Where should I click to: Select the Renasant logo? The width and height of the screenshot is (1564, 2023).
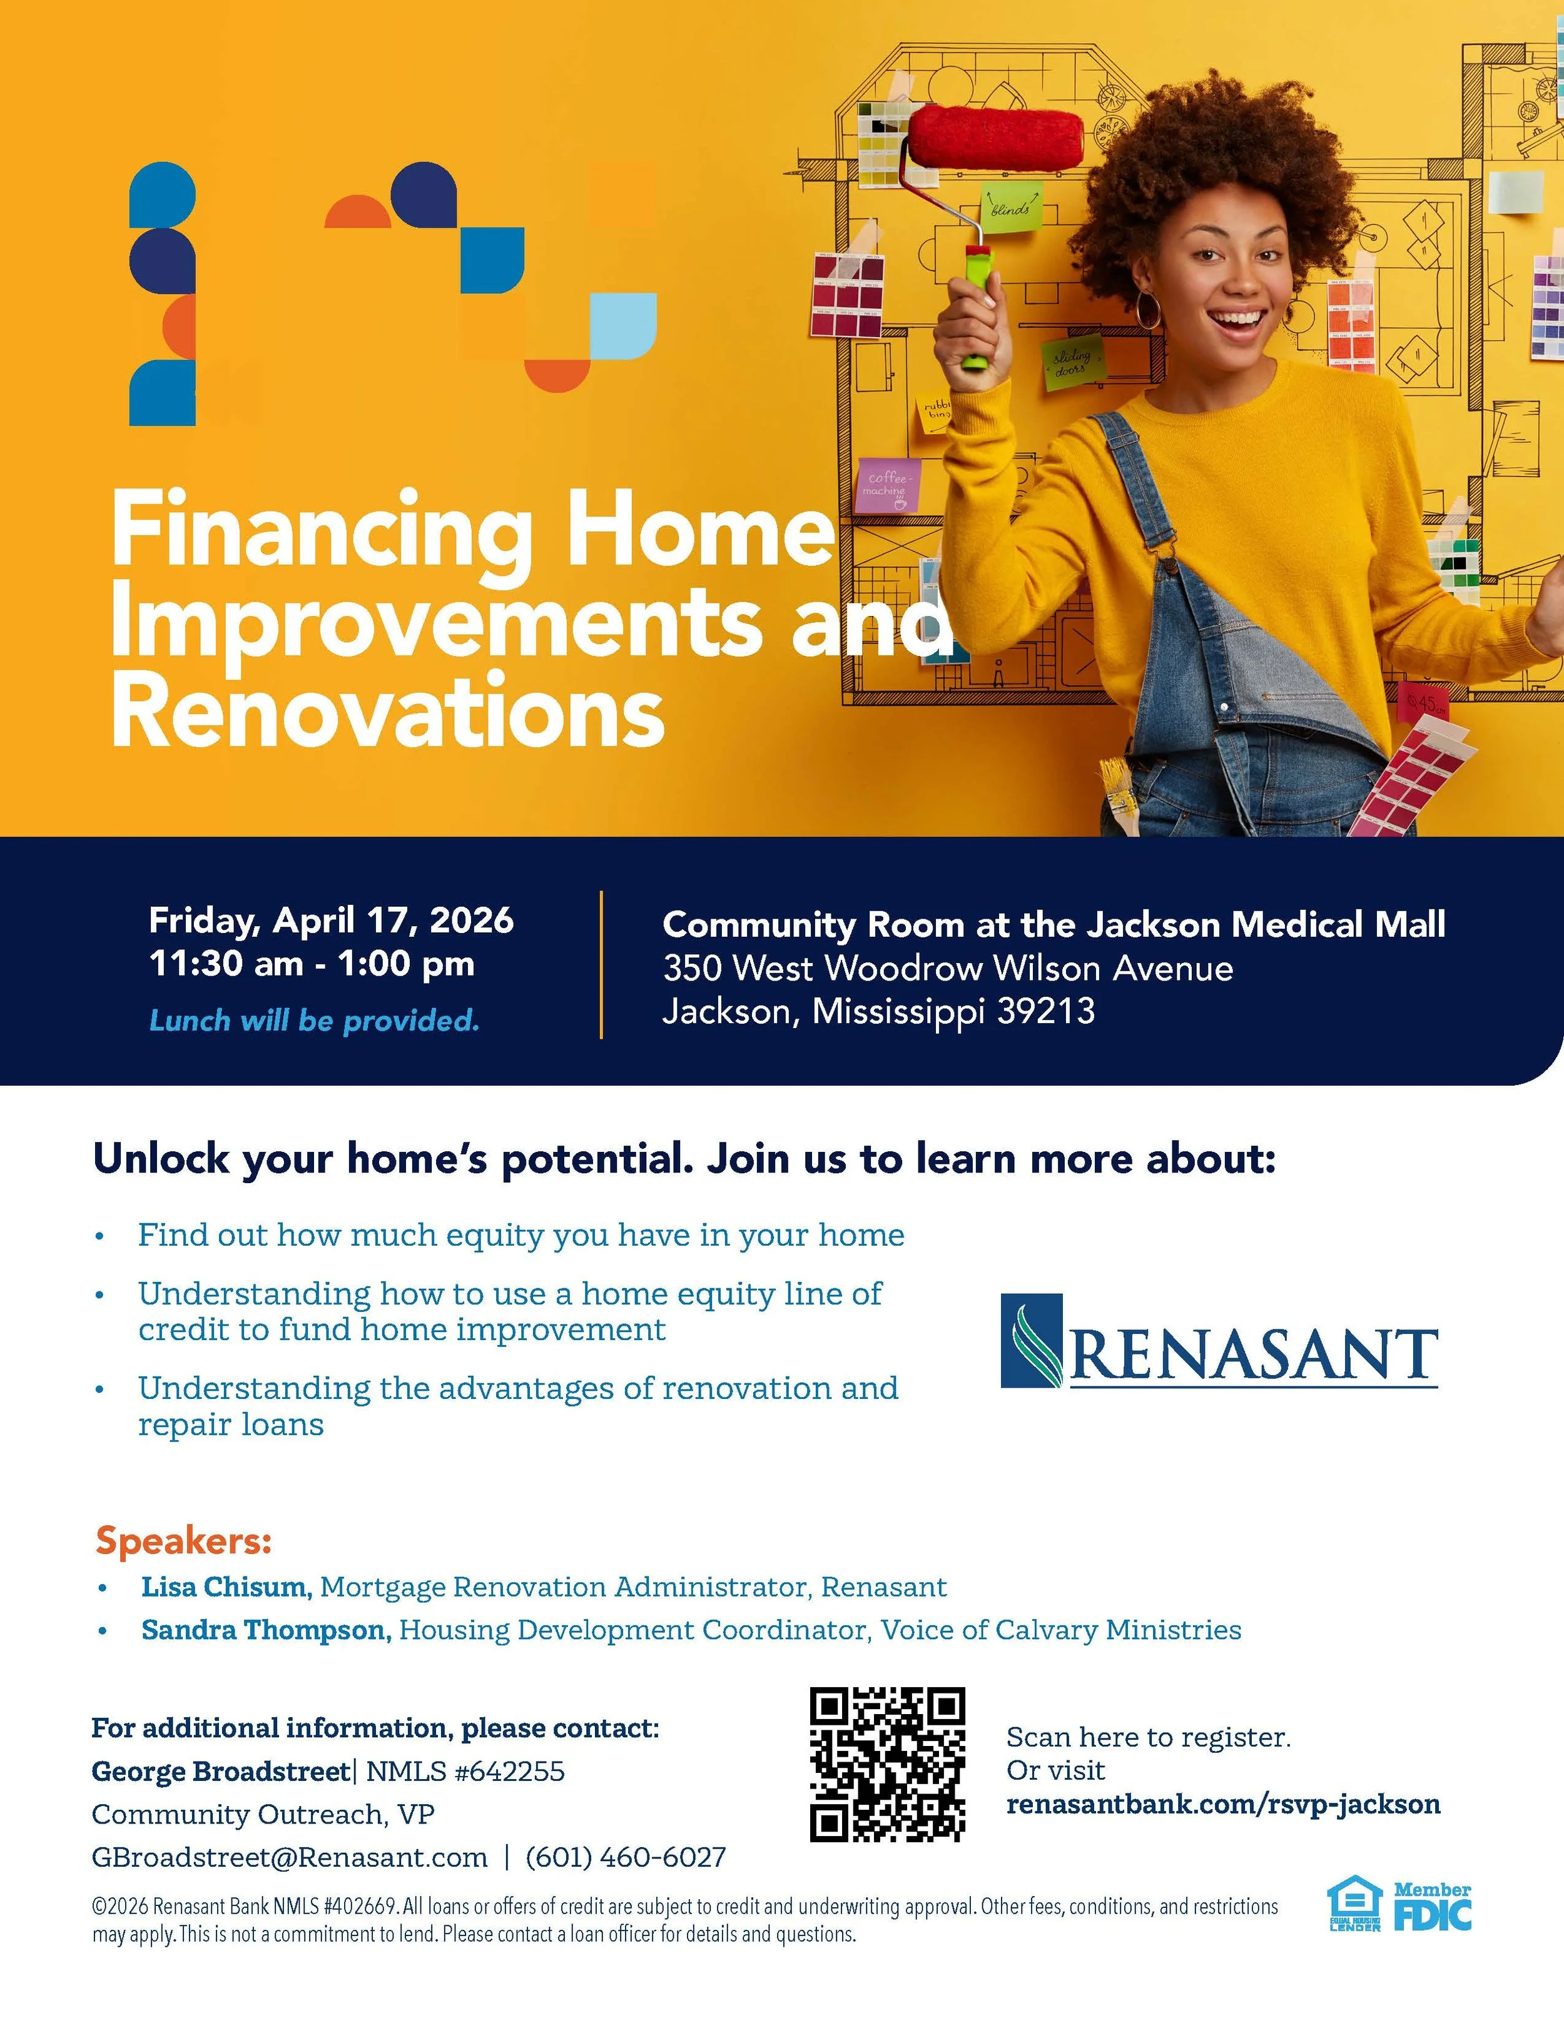pyautogui.click(x=1219, y=1340)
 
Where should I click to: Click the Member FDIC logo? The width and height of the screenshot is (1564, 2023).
pyautogui.click(x=1433, y=1906)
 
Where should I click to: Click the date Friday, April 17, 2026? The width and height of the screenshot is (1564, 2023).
pyautogui.click(x=331, y=921)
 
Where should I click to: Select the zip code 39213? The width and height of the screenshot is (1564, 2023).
pyautogui.click(x=1046, y=1011)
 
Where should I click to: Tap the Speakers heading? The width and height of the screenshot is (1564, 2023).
pyautogui.click(x=183, y=1540)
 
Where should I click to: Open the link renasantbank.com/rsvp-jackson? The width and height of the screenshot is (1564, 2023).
pyautogui.click(x=1223, y=1804)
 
